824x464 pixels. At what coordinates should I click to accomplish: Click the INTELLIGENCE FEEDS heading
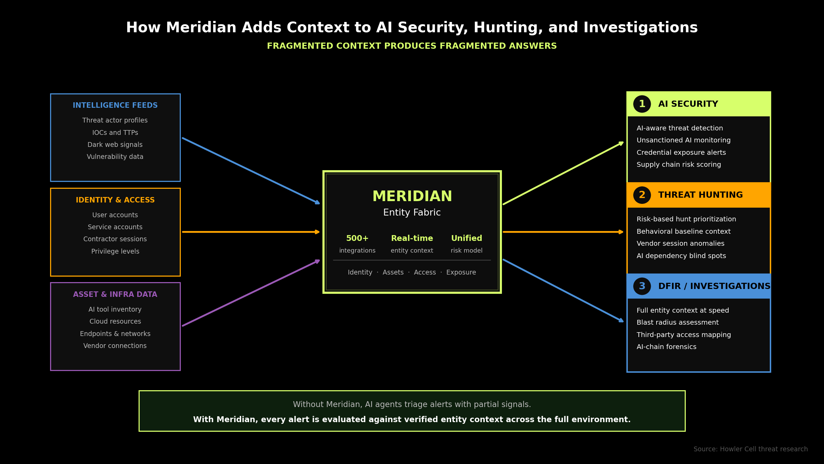[115, 105]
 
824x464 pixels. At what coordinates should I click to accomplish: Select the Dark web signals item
[115, 145]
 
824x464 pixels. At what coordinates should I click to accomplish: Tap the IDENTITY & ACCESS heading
[115, 200]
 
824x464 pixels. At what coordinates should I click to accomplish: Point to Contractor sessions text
[115, 239]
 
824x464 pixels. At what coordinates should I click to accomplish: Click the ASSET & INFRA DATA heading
[115, 294]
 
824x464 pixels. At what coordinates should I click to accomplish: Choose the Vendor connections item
[115, 346]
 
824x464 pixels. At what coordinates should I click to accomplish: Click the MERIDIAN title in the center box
[412, 197]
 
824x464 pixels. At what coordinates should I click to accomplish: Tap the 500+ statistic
[357, 238]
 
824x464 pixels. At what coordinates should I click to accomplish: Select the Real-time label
[412, 238]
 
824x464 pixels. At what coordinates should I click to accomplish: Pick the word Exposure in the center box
[461, 272]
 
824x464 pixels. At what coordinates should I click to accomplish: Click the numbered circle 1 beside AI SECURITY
[642, 104]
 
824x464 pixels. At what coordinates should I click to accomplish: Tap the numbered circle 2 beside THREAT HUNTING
[642, 195]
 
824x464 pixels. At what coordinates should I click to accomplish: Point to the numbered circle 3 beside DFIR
[642, 286]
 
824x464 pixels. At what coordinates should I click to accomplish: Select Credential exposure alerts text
[681, 153]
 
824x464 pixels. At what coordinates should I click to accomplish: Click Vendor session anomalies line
[680, 244]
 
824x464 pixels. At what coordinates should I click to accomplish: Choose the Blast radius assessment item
[677, 323]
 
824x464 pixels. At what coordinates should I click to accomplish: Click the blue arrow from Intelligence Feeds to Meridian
[250, 171]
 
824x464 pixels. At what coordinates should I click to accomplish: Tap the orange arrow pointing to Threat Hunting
[563, 232]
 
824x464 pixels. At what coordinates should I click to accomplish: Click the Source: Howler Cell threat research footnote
[750, 449]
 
